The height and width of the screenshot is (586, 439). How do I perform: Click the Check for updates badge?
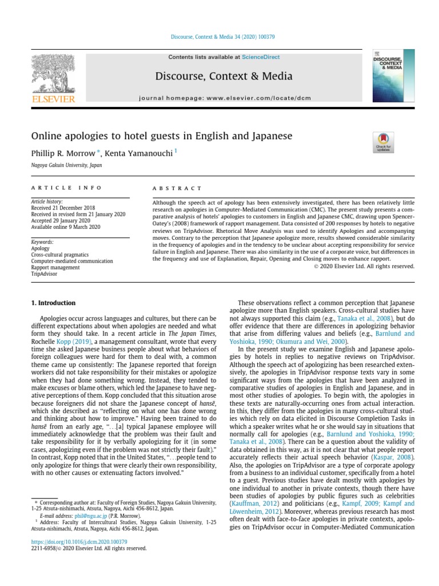click(x=382, y=142)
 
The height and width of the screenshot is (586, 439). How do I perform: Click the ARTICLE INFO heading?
click(x=66, y=188)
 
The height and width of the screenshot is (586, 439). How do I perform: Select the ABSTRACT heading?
click(x=177, y=188)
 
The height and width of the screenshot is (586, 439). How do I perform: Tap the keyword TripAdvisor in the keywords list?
click(x=45, y=274)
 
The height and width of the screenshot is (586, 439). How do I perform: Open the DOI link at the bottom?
click(x=79, y=541)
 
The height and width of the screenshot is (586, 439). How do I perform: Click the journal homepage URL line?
click(x=228, y=98)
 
